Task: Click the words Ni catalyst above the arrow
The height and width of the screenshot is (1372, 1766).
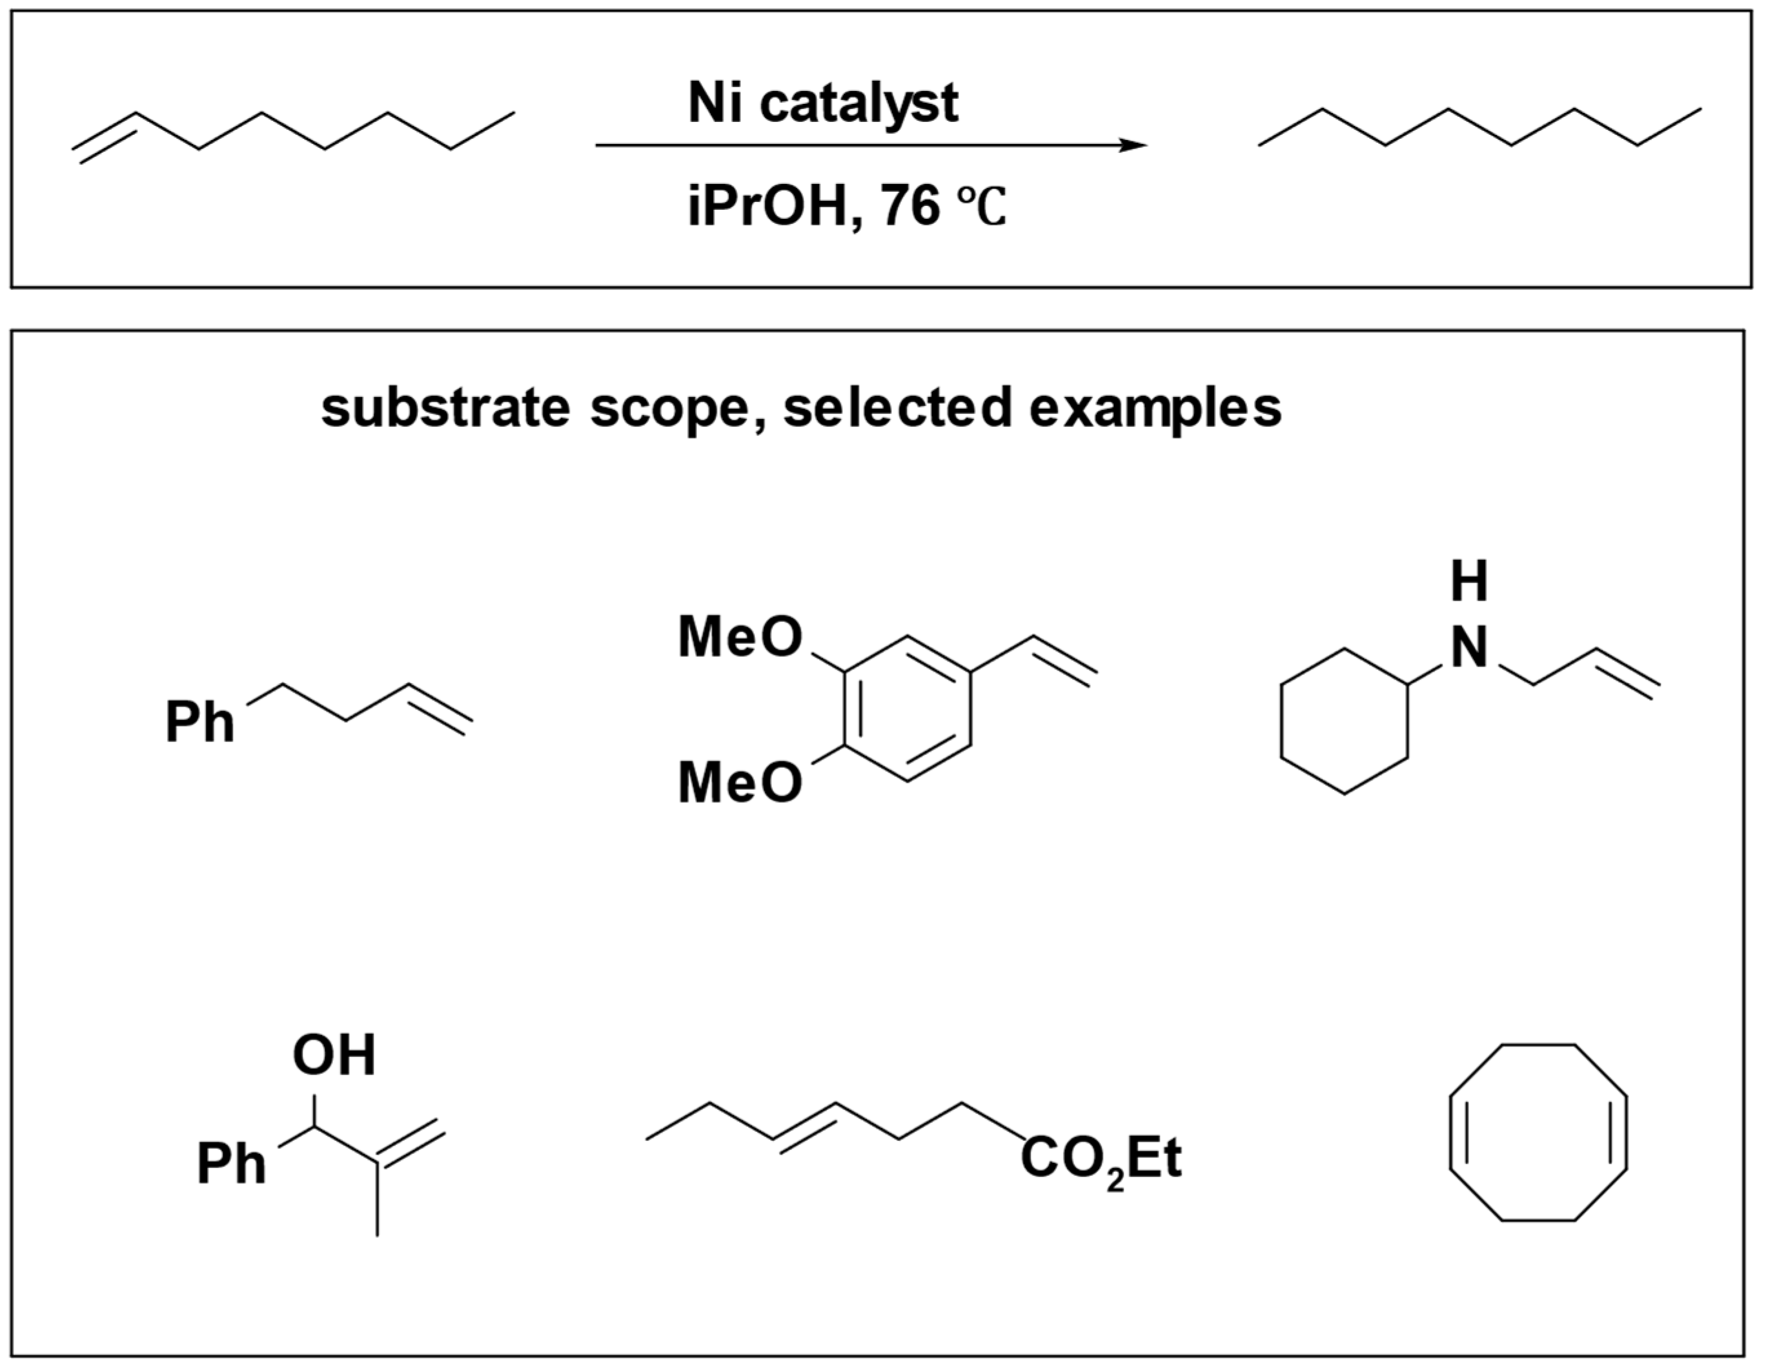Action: (822, 103)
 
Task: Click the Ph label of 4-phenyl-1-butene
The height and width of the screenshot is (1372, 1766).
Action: (199, 722)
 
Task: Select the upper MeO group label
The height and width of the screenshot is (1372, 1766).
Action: (739, 638)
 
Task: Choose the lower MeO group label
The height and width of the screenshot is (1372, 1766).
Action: (739, 783)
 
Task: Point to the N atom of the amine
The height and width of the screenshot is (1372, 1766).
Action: (1468, 649)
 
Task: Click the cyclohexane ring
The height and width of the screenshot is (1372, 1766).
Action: (1344, 721)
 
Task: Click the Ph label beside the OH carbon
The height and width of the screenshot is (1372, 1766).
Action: (231, 1164)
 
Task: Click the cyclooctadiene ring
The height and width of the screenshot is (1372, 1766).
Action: (1538, 1133)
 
